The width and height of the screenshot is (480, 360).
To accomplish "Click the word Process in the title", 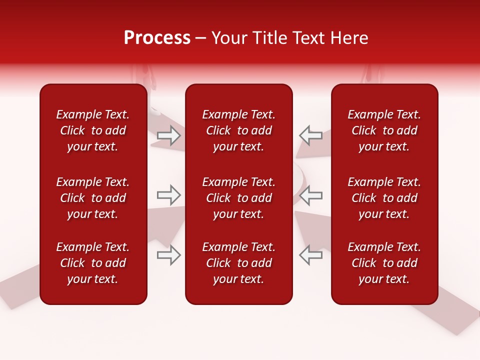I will click(x=157, y=38).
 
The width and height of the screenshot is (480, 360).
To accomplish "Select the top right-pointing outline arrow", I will click(x=169, y=135).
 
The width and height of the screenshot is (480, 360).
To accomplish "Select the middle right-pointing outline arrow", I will click(x=169, y=195).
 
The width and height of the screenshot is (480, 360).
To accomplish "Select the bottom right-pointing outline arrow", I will click(x=169, y=255).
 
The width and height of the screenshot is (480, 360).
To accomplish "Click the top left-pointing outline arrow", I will click(x=310, y=135).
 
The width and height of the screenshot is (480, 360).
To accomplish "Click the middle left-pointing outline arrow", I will click(x=310, y=195).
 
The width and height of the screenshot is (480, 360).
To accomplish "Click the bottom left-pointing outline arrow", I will click(x=310, y=255).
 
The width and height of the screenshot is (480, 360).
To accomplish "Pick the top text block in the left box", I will click(x=93, y=130).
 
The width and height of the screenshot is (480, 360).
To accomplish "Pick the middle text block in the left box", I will click(x=93, y=198).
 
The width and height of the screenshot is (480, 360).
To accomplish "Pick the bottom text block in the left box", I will click(x=93, y=263).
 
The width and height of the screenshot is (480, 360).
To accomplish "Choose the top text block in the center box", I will click(x=238, y=130).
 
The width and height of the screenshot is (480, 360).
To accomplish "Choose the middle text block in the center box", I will click(x=238, y=198).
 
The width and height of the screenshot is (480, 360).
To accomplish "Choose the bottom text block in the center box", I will click(x=238, y=263).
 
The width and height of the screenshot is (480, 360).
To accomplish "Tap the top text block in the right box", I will click(x=384, y=130).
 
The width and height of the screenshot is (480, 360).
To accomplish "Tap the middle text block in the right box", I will click(x=384, y=198).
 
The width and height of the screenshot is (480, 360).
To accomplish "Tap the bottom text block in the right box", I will click(x=384, y=263).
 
